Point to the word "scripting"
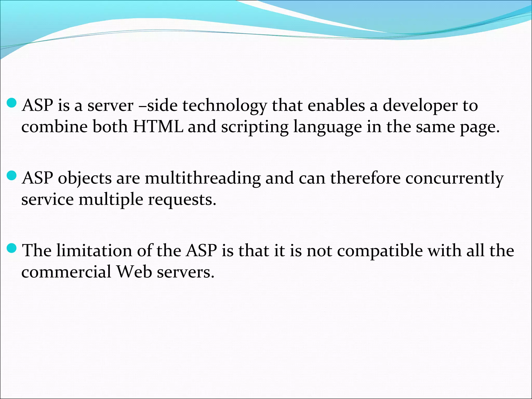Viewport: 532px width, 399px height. tap(255, 127)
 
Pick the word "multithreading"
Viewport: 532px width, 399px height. tap(203, 179)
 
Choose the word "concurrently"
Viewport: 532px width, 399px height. tap(454, 179)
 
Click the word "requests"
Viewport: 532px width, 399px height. tap(182, 200)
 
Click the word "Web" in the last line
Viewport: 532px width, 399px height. tap(134, 272)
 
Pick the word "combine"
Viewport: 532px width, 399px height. tap(54, 127)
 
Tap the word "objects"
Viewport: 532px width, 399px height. tap(85, 179)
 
